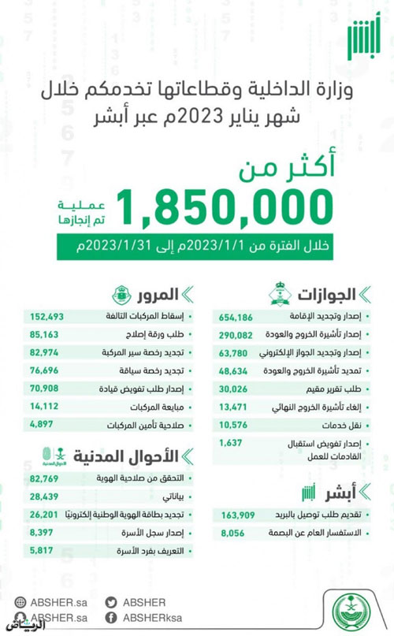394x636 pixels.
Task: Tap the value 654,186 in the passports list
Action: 236,316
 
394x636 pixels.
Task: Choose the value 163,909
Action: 236,515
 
